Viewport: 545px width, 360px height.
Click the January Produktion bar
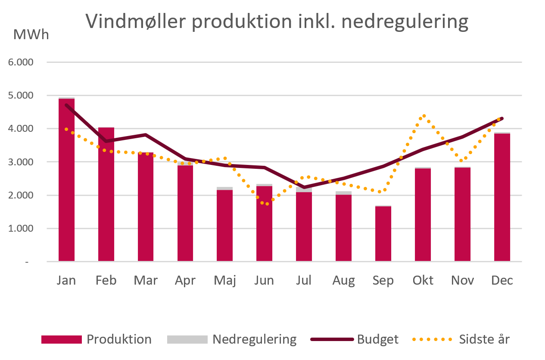point(66,181)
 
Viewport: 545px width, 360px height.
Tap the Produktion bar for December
point(502,198)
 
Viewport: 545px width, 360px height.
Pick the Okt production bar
point(423,215)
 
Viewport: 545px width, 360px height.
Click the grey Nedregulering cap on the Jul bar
point(304,189)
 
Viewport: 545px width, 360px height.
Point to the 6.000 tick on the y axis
point(21,62)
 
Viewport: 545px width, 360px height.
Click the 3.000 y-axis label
point(21,162)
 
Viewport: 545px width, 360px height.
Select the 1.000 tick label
point(21,229)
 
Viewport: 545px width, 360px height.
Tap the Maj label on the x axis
point(225,280)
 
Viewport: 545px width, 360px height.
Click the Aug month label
point(343,280)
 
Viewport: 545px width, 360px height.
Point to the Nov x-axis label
point(462,280)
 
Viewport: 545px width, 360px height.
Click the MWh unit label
point(31,34)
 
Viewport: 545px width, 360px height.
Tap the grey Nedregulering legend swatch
point(187,339)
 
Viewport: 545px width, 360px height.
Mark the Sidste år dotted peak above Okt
point(424,116)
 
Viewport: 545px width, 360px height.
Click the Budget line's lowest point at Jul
point(304,187)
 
